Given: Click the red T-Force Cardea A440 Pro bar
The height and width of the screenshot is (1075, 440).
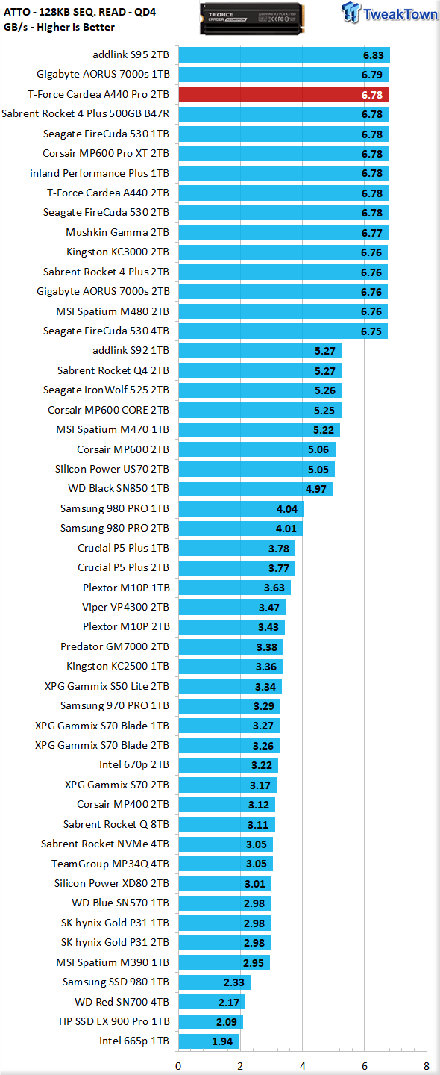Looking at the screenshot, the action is (x=283, y=95).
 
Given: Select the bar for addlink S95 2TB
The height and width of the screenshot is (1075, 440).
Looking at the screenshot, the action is (x=284, y=55).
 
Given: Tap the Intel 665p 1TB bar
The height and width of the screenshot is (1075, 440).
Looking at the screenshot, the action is (x=209, y=1041).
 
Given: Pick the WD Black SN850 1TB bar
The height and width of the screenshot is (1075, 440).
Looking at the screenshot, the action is (x=256, y=489).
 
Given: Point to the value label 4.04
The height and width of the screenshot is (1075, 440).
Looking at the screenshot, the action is (x=287, y=509).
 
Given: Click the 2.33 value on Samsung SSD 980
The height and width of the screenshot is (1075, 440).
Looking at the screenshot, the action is (x=234, y=982).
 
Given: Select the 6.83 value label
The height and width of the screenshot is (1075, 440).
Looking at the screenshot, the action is (x=374, y=56).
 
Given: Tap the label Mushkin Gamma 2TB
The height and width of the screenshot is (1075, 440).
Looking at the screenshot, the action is (x=117, y=232).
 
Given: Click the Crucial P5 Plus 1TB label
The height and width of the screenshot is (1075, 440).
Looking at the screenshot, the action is (x=123, y=548).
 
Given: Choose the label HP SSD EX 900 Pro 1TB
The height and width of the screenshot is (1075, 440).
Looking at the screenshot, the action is (x=114, y=1021).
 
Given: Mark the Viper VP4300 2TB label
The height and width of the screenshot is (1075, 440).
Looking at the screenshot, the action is (x=125, y=607).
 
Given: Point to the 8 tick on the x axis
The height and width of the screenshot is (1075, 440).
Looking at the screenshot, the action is (x=426, y=1066).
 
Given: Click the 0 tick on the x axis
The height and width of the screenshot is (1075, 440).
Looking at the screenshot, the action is (x=178, y=1066).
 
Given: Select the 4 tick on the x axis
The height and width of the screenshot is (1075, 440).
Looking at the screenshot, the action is (x=303, y=1066).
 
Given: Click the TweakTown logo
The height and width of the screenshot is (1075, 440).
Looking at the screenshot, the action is (x=390, y=13).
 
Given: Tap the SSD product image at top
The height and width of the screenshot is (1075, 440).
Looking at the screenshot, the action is (x=252, y=19).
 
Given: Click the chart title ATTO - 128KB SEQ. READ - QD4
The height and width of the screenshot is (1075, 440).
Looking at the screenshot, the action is (x=80, y=12).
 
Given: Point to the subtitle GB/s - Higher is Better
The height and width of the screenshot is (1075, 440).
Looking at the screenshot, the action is (x=60, y=27).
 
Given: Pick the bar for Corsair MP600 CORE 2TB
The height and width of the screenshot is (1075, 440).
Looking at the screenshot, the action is (x=260, y=411).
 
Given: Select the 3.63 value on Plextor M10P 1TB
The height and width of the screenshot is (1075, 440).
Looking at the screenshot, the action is (x=274, y=588).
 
